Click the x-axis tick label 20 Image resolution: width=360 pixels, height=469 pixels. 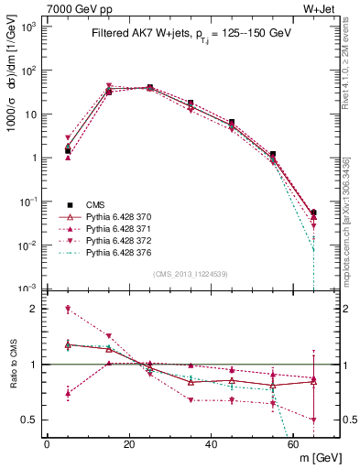point(128,444)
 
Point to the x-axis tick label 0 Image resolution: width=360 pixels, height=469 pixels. point(47,444)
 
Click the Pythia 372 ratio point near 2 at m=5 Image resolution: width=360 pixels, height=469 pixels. point(67,310)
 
